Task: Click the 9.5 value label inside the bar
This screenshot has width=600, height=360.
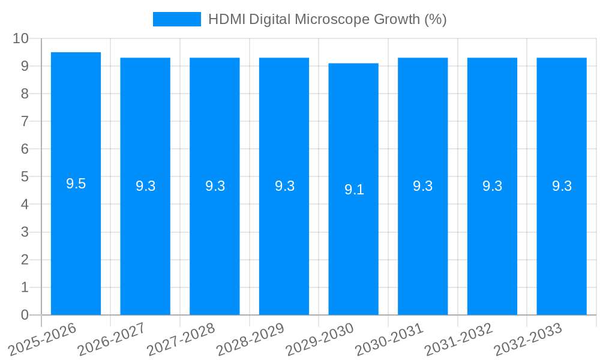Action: click(x=76, y=184)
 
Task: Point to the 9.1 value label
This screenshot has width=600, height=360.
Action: click(x=354, y=190)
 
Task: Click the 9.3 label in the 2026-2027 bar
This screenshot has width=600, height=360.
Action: click(x=145, y=186)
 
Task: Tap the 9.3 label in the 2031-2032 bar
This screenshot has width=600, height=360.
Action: click(x=492, y=186)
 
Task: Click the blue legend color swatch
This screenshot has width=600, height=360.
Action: click(x=176, y=19)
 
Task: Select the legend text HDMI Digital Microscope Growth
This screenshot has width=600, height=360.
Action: click(x=327, y=19)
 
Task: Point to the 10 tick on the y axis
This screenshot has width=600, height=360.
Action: click(x=20, y=38)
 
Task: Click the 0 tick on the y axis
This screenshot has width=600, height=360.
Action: click(x=25, y=315)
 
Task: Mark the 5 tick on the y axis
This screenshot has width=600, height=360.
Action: click(x=25, y=177)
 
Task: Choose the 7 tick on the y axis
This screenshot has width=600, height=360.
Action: click(x=25, y=121)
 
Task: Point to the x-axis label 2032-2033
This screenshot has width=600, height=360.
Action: click(x=527, y=339)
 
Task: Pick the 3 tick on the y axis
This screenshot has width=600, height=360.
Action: click(x=25, y=232)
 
